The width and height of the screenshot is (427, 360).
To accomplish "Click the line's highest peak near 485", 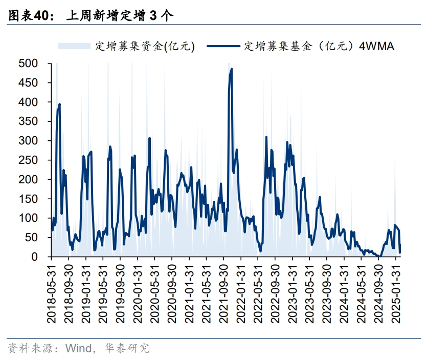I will [x=232, y=69].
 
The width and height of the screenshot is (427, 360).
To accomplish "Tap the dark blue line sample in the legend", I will [x=223, y=46].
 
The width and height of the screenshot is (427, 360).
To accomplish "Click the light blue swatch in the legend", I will [x=75, y=46].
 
